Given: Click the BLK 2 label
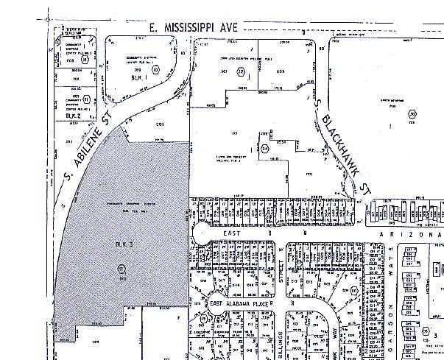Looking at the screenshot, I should (x=72, y=116).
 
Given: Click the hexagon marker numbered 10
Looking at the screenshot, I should (x=155, y=71).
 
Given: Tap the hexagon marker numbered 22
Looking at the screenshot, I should (x=241, y=71).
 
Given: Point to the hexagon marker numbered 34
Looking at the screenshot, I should (x=265, y=148).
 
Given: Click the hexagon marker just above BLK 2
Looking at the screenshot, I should (x=86, y=99).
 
